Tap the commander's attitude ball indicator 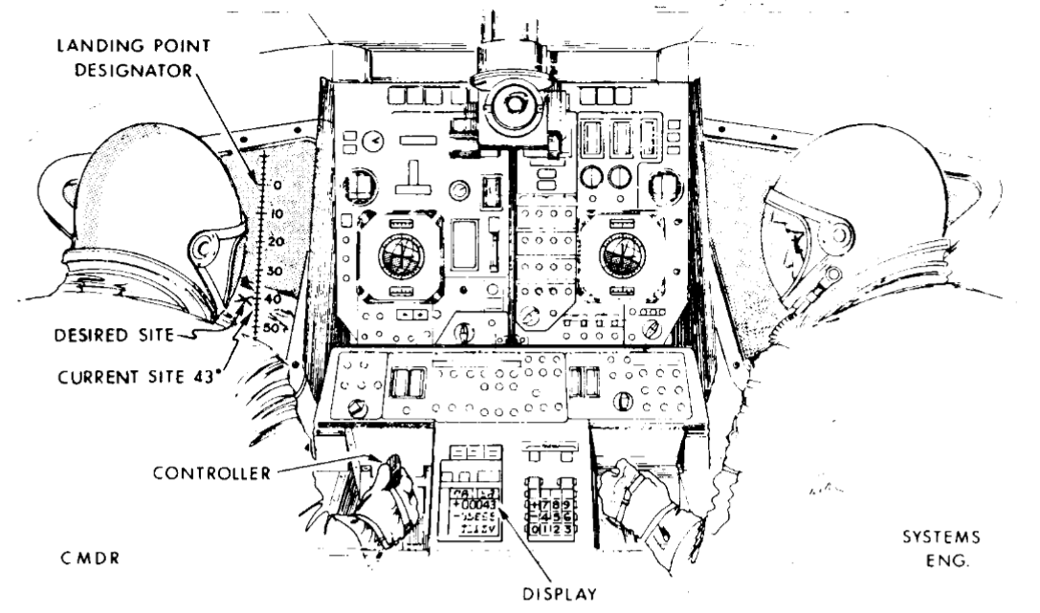tap(401, 255)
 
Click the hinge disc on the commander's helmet tap(204, 249)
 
